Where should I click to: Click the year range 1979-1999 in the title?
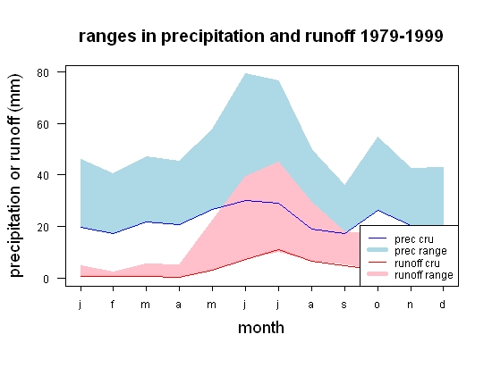[x=402, y=36]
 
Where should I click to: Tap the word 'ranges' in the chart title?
[x=107, y=38]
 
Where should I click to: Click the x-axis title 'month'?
[x=261, y=328]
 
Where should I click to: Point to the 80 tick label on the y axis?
[x=43, y=72]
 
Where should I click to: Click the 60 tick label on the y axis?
[x=43, y=124]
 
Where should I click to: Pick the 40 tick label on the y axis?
[x=43, y=175]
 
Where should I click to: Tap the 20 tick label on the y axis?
[x=43, y=227]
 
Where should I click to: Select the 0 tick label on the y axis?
[x=47, y=279]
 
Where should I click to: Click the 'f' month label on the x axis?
[x=113, y=304]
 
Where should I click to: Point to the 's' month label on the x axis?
[x=344, y=305]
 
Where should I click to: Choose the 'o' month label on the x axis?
[x=377, y=305]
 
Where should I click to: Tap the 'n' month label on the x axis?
[x=410, y=305]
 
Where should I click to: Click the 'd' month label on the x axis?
[x=443, y=304]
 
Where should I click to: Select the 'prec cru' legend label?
[x=414, y=239]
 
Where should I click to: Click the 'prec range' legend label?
[x=420, y=251]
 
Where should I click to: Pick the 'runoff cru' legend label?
[x=417, y=263]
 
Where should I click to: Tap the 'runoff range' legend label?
[x=424, y=275]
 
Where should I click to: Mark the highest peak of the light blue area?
[x=245, y=73]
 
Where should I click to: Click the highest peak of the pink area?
[x=278, y=162]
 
